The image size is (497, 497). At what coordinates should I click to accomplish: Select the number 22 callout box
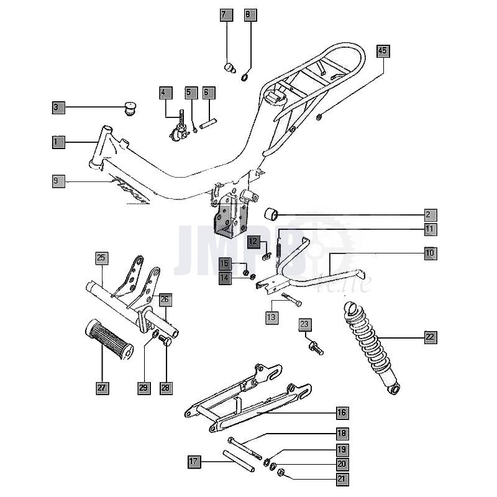click(431, 337)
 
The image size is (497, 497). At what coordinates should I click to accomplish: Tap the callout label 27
click(102, 388)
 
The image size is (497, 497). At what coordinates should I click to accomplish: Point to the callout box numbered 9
click(58, 181)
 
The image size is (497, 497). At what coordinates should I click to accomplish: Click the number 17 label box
click(194, 462)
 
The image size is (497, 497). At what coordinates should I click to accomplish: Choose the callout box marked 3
click(58, 107)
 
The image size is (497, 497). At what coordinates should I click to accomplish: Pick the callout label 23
click(304, 324)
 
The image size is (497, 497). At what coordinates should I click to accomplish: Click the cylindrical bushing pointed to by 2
click(271, 215)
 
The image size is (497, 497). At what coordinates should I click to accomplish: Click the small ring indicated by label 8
click(246, 76)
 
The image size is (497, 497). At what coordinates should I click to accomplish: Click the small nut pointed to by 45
click(319, 117)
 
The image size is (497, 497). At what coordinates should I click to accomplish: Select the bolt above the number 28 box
click(165, 341)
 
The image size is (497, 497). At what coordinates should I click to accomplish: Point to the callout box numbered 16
click(342, 413)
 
